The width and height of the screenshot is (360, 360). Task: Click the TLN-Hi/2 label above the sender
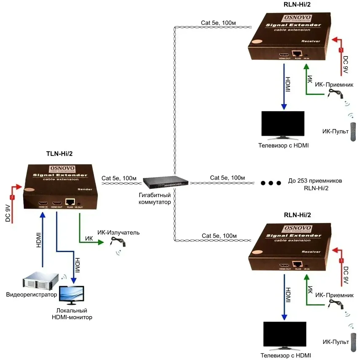coord(62,155)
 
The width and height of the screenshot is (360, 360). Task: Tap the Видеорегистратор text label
coord(31,294)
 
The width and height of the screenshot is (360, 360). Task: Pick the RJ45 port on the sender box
coord(70,202)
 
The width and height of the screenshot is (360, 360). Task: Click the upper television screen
coord(283,124)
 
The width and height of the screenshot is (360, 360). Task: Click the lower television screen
coord(284,335)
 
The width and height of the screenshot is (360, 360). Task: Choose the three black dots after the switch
coord(270,183)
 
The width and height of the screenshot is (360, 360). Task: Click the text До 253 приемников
coord(314,181)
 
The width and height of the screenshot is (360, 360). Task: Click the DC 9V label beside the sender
coord(7,213)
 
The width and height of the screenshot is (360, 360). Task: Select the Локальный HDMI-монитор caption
coord(69,314)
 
